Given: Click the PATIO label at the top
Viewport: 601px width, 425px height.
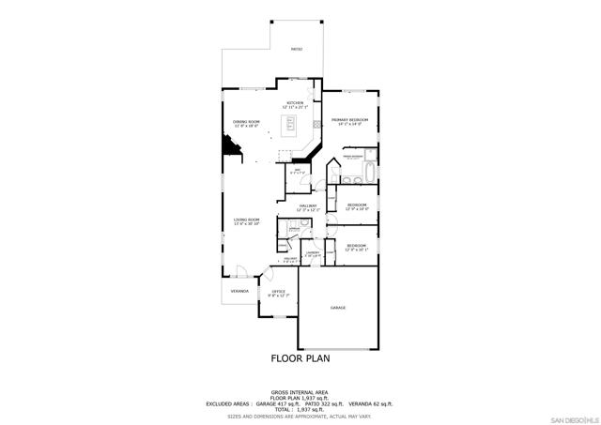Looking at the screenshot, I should point(296,49).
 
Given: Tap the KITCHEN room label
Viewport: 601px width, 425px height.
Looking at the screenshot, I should point(295,103).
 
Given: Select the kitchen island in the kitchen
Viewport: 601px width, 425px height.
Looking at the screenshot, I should point(292,125).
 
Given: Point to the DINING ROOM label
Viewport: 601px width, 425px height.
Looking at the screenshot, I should point(246,122).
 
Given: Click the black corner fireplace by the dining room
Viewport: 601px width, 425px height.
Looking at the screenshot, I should point(229,146).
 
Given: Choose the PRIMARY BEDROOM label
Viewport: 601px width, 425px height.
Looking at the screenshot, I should point(347,120).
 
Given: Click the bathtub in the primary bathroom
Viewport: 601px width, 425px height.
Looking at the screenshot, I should point(370,175).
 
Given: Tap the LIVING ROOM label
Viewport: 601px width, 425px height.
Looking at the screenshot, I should point(246,220).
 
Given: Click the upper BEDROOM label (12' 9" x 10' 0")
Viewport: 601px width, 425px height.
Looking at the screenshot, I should point(357,205).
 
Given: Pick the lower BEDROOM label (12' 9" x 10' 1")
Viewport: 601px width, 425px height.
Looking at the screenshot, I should point(357,246).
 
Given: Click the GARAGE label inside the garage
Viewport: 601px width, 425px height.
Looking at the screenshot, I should point(338,308).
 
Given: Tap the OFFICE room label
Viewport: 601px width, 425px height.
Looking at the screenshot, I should point(279,292).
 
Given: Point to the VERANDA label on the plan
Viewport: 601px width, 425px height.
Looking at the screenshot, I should point(239,291).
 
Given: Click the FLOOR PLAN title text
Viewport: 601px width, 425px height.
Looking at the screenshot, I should point(300,357).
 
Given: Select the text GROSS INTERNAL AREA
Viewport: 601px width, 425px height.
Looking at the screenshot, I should point(300,391).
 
